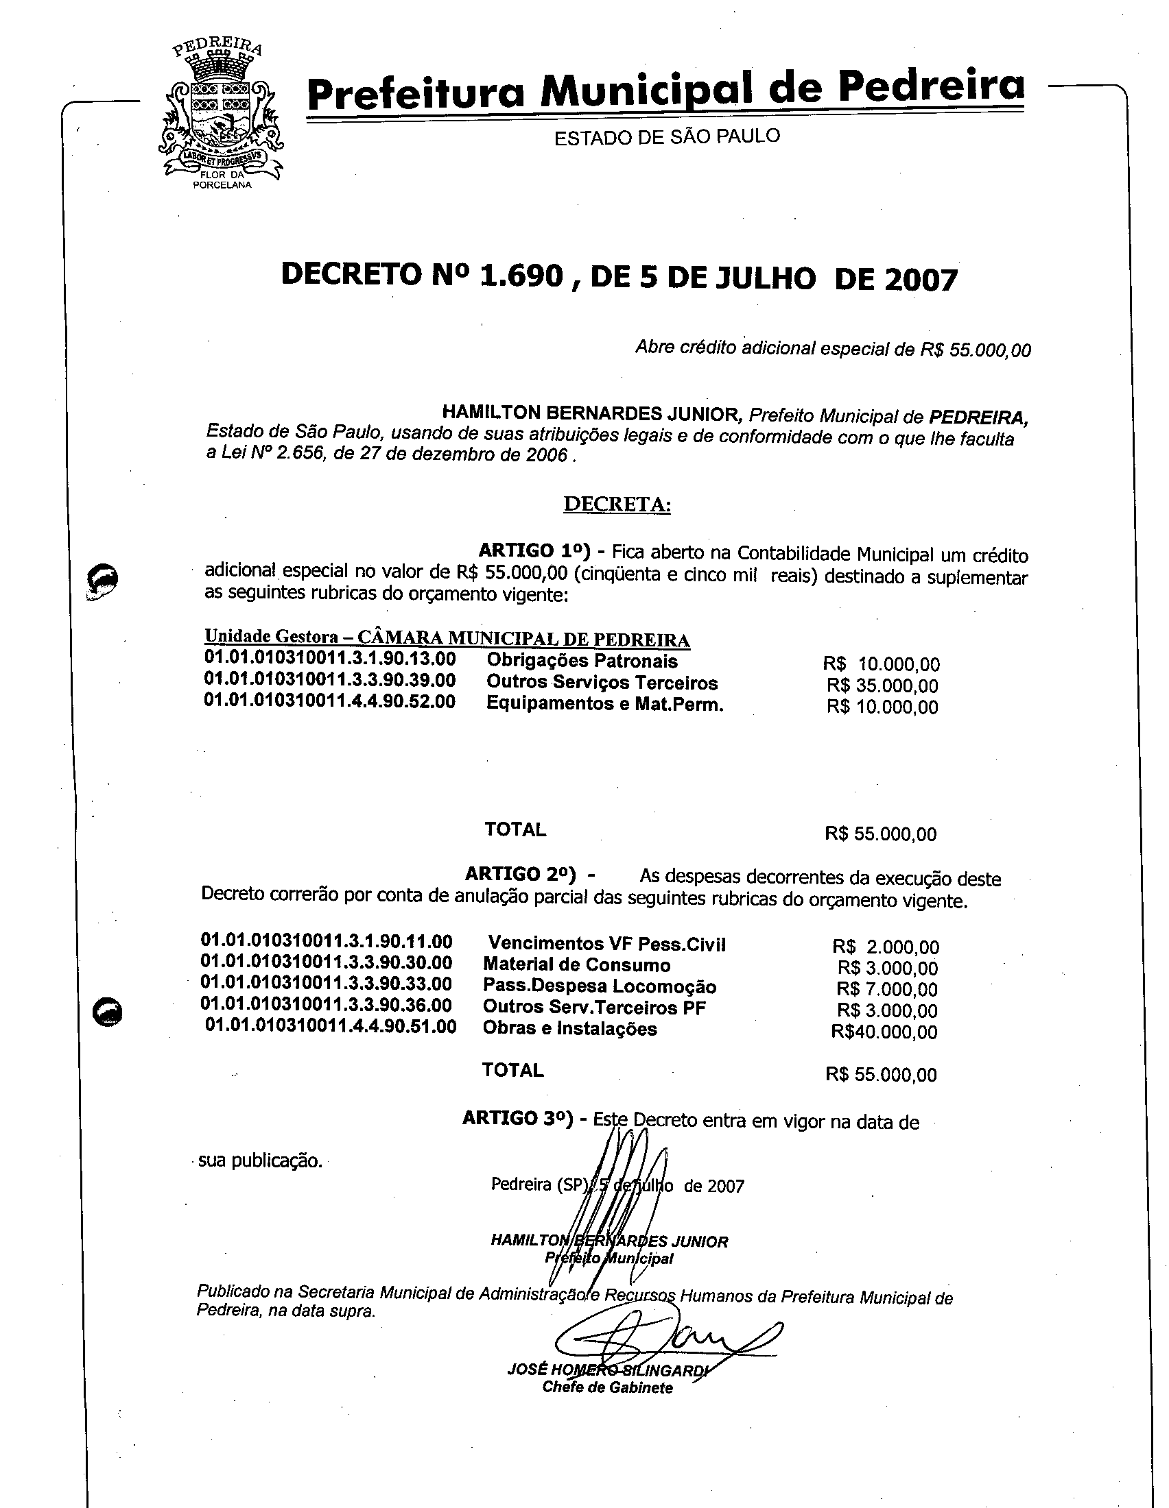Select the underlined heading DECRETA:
coord(617,504)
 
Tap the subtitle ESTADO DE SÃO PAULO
coord(667,136)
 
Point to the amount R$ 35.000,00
coord(882,685)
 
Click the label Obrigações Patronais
coord(582,661)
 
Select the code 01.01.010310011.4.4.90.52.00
coord(329,701)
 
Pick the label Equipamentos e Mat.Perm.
coord(604,704)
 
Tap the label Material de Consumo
coord(576,964)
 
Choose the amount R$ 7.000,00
coord(887,989)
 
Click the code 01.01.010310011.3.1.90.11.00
coord(326,941)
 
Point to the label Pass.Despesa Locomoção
coord(599,986)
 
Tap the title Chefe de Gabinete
coord(606,1388)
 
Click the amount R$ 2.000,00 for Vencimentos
coord(886,947)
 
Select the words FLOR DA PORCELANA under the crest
coord(222,180)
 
